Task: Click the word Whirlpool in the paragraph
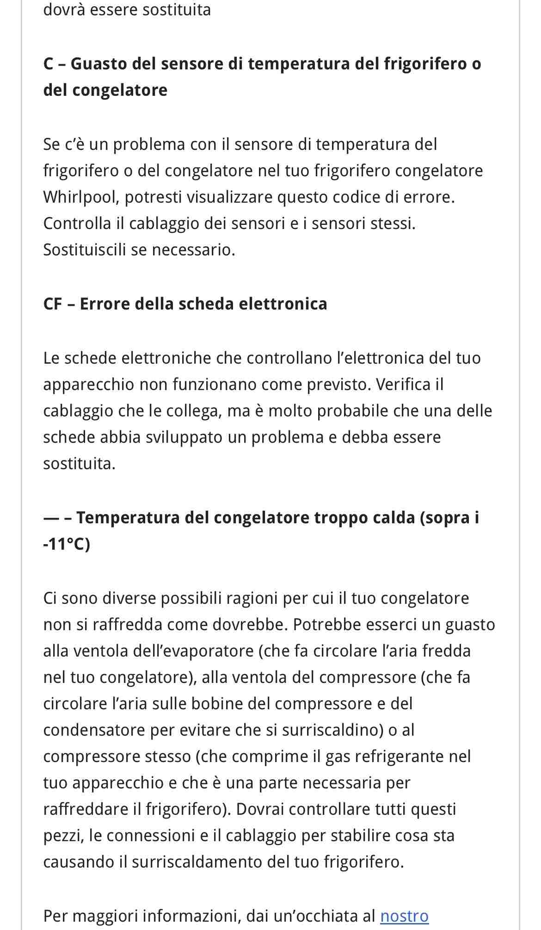(79, 198)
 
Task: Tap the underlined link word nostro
(404, 916)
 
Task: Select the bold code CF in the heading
(52, 304)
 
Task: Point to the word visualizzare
(229, 198)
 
